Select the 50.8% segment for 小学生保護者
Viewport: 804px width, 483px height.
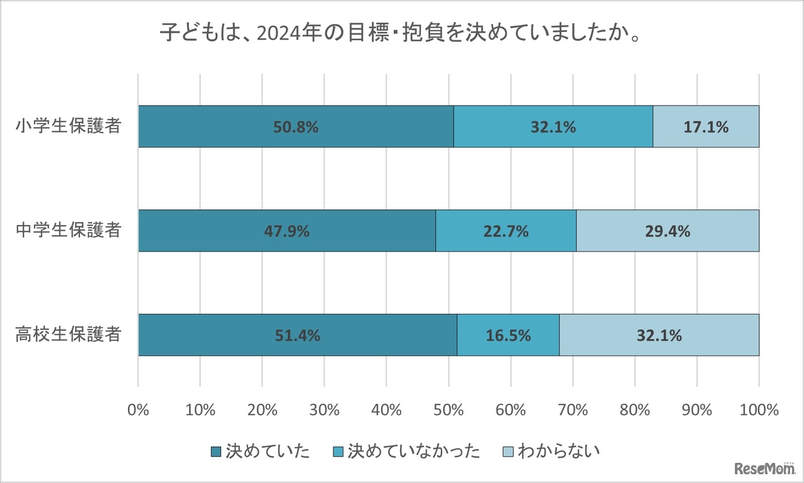[x=295, y=126]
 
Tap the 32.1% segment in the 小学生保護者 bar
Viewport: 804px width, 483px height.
[x=553, y=126]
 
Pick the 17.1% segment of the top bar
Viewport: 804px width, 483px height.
[x=706, y=126]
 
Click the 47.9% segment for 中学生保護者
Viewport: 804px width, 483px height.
[x=286, y=231]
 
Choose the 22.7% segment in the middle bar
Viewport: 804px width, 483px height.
[x=506, y=231]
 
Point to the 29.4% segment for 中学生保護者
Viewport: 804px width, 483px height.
[x=667, y=231]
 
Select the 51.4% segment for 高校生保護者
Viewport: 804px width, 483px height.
[x=297, y=335]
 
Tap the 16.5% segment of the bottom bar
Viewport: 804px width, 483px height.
[x=508, y=335]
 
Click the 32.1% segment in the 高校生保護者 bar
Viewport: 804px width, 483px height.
[x=659, y=335]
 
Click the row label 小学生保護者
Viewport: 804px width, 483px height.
[x=68, y=126]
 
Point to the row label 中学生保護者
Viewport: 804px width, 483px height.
[x=68, y=231]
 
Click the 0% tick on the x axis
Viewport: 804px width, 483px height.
[x=138, y=410]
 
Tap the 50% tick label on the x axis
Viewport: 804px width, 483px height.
[x=448, y=410]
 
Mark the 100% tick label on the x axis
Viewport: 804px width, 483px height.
[x=758, y=410]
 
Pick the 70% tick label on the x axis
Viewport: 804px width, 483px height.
[x=573, y=410]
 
